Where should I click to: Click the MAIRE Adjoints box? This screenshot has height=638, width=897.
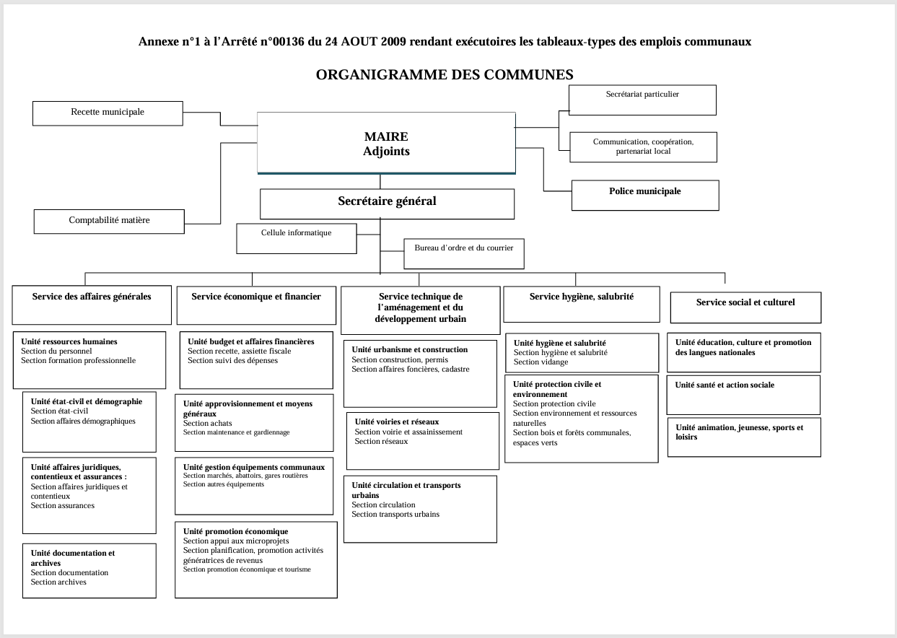coord(386,144)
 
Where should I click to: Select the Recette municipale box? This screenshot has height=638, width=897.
coord(108,113)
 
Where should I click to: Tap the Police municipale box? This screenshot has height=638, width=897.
coord(644,192)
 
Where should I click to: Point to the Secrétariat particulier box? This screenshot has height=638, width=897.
coord(642,95)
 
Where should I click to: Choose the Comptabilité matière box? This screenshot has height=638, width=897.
coord(109,220)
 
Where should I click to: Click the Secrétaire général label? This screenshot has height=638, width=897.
coord(387,201)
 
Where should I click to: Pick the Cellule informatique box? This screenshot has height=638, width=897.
coord(296,233)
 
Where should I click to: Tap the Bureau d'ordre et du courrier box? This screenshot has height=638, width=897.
coord(463,248)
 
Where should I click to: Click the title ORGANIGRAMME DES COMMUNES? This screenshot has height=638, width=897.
coord(445,74)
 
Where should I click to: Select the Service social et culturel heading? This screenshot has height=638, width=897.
coord(745,303)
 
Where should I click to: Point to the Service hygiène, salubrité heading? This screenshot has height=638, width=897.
coord(581,297)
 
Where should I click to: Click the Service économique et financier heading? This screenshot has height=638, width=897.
coord(256,297)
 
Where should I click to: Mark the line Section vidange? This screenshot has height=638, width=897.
coord(541,362)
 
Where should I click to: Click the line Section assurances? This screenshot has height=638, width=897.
coord(62,506)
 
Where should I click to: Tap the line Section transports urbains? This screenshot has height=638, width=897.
coord(395,515)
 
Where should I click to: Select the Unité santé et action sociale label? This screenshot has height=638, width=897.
coord(725,385)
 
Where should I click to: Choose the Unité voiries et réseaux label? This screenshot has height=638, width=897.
coord(396,422)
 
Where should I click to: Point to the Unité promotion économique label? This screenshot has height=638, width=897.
coord(235,532)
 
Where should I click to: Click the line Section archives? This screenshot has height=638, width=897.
coord(58,582)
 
